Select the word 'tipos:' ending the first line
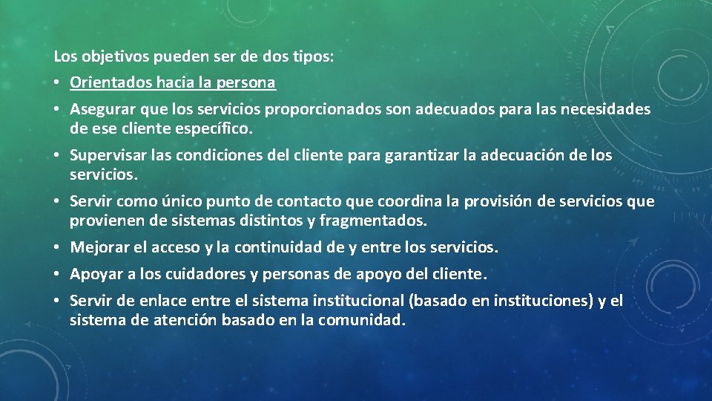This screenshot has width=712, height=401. (x=314, y=56)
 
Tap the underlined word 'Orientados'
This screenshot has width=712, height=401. (x=108, y=83)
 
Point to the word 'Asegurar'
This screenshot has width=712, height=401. (x=100, y=110)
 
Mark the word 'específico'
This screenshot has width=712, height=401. (x=214, y=128)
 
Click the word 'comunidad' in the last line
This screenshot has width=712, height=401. (x=364, y=320)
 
